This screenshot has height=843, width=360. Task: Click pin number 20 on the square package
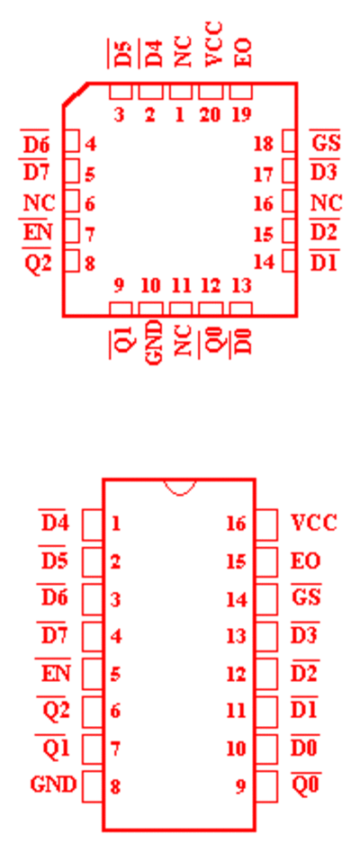pyautogui.click(x=210, y=115)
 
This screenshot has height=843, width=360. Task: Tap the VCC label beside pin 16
pyautogui.click(x=314, y=523)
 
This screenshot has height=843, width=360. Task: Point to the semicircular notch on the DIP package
pyautogui.click(x=179, y=487)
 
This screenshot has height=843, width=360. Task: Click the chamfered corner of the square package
pyautogui.click(x=76, y=94)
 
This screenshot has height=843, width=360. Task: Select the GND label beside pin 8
pyautogui.click(x=53, y=785)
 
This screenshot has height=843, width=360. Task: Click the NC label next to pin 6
pyautogui.click(x=40, y=203)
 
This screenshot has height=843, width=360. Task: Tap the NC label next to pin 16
pyautogui.click(x=326, y=203)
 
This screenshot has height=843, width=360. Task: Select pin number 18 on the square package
pyautogui.click(x=264, y=144)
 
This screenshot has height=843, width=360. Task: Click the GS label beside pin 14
pyautogui.click(x=306, y=597)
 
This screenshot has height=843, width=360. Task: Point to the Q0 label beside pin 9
pyautogui.click(x=306, y=785)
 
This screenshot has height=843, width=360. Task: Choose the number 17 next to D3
pyautogui.click(x=264, y=174)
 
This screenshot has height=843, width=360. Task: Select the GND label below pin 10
pyautogui.click(x=154, y=343)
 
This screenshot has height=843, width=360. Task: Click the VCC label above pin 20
pyautogui.click(x=212, y=44)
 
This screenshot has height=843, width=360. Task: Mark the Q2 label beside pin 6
pyautogui.click(x=56, y=711)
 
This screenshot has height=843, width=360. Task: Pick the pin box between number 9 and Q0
pyautogui.click(x=266, y=786)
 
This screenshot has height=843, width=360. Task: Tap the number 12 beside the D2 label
pyautogui.click(x=236, y=674)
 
